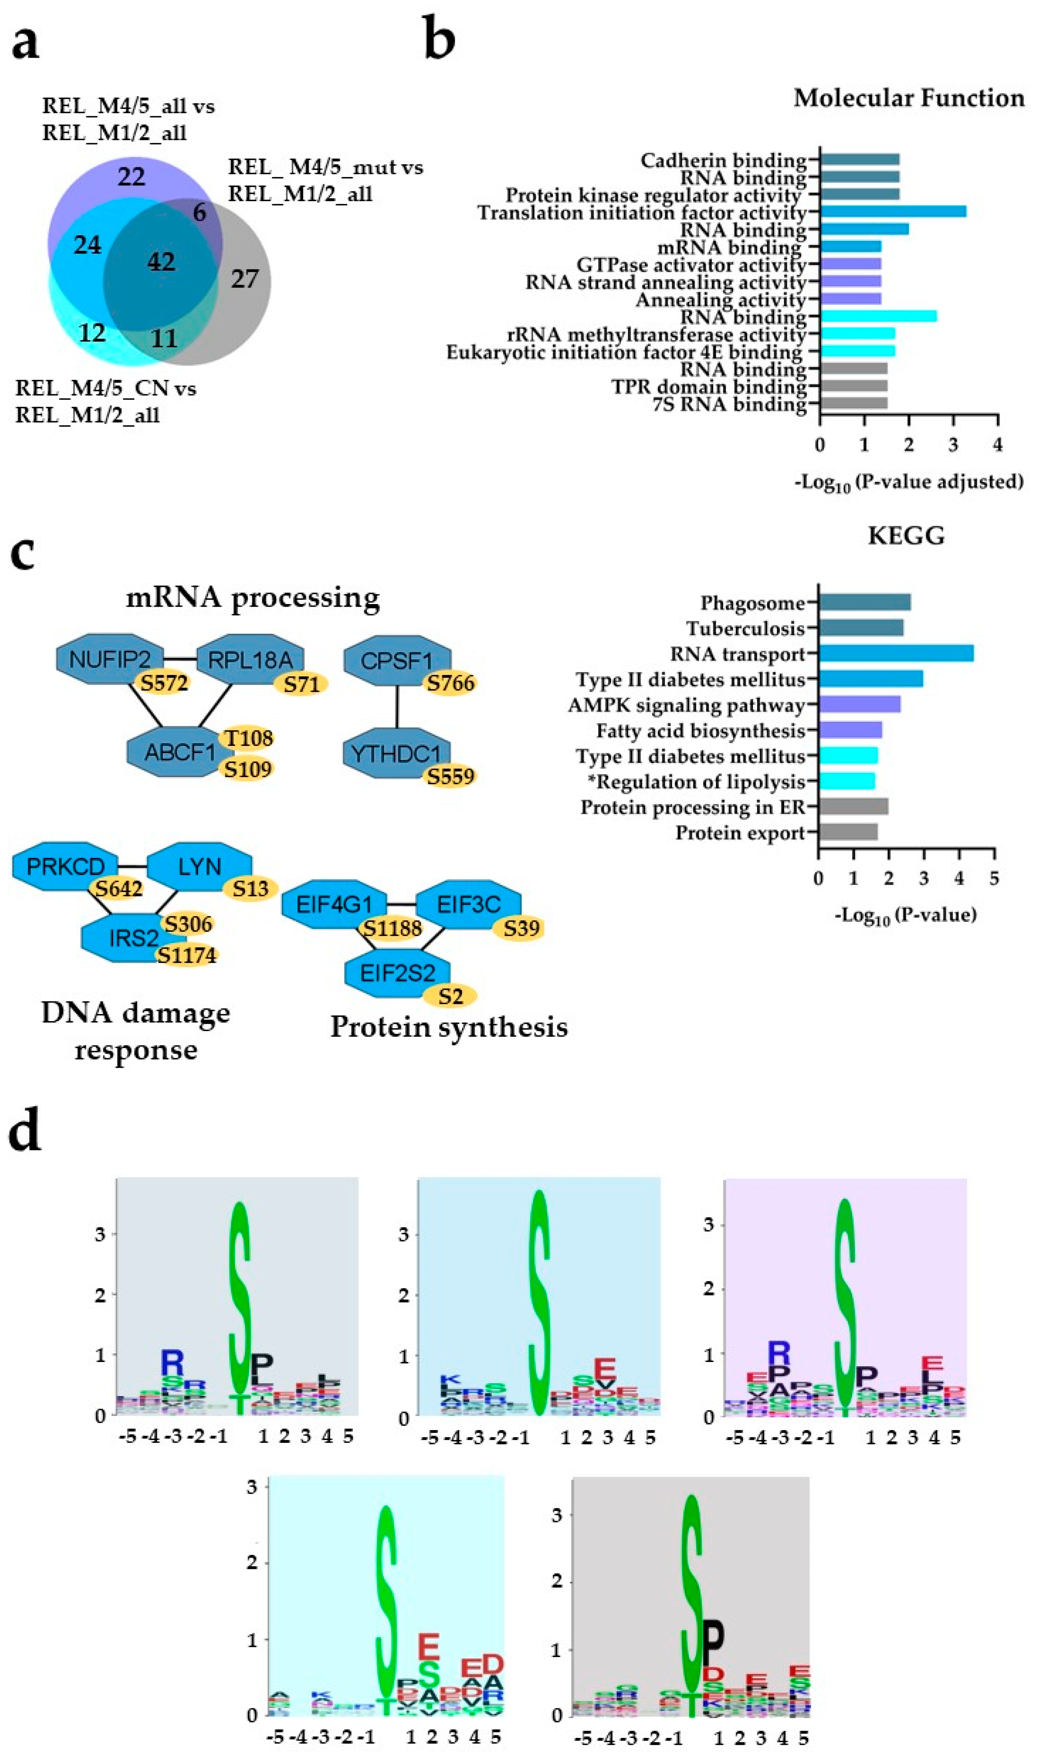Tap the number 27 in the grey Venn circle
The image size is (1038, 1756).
(245, 279)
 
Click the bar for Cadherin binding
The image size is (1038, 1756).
(859, 159)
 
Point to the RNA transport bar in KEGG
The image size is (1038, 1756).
(896, 653)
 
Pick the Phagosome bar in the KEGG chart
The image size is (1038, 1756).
(864, 602)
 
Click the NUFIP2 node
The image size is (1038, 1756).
(110, 658)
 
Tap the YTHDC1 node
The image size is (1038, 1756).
(396, 753)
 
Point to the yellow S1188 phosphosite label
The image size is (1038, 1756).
(390, 928)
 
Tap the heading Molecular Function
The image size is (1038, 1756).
(909, 98)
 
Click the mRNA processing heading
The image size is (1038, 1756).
(252, 598)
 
